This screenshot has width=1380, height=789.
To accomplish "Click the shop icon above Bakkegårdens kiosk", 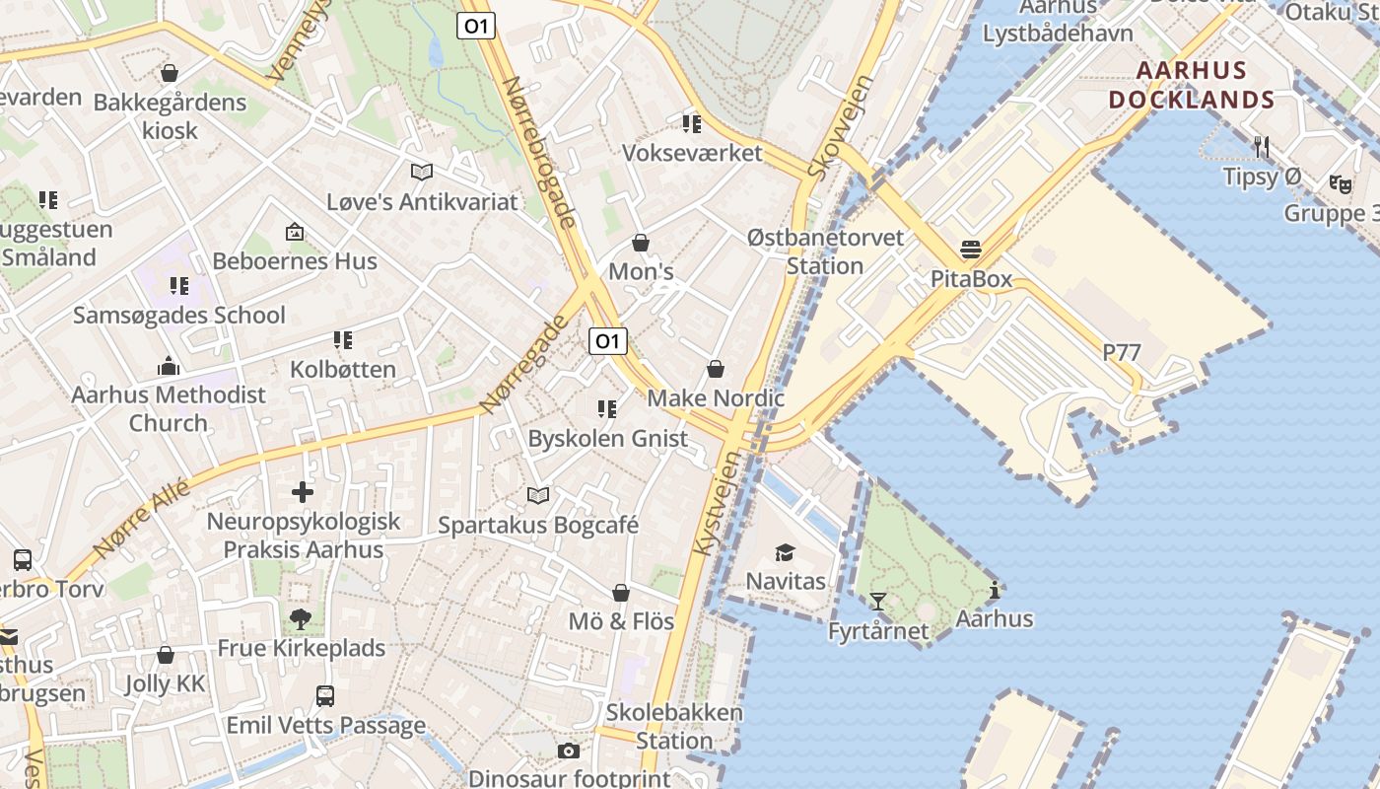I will point(170,73).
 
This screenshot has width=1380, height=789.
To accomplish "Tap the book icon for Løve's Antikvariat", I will point(422,173).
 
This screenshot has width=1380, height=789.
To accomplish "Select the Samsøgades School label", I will point(179,316).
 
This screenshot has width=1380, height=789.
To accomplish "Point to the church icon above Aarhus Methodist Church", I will point(169,366).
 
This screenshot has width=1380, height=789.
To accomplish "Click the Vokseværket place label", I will point(692,153).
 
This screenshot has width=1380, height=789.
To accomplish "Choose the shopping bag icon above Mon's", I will point(641,243).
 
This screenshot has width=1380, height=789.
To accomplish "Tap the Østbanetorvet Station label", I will point(825,251).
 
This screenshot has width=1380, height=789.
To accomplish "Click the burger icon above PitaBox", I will point(971,250).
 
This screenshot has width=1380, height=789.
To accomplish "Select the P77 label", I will point(1122,352).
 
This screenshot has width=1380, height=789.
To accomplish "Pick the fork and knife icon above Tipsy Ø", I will point(1262,147).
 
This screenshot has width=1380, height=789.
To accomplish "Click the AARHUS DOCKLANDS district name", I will point(1192,86).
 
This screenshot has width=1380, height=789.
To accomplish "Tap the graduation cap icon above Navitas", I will point(785,553).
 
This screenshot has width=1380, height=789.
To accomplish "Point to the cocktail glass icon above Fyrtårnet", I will point(877,602).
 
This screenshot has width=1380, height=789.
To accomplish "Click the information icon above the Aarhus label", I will point(995,591).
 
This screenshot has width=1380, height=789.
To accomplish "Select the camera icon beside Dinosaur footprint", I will point(569,752).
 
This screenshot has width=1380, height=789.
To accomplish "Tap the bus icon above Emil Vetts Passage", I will point(325,696).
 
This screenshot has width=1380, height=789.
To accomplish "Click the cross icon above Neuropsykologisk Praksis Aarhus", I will point(303,491).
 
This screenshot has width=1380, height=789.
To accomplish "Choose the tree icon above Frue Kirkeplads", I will point(301,619).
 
